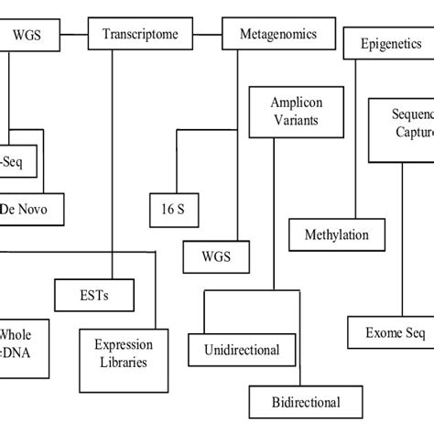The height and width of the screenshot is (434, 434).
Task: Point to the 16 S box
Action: (168, 209)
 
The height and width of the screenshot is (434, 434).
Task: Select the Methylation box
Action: (336, 234)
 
